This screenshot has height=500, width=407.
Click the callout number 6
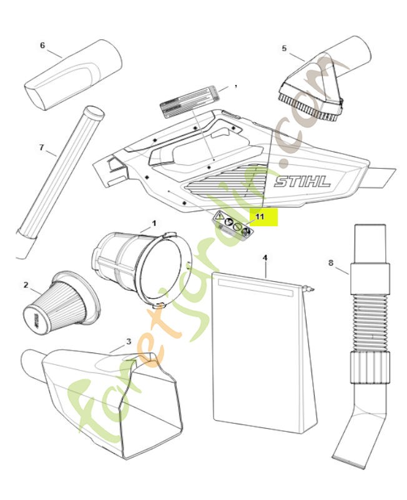coord(42,45)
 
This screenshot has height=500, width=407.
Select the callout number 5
coord(284,48)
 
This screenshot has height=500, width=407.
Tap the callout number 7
coord(42,147)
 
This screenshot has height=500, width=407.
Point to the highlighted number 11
coord(260,216)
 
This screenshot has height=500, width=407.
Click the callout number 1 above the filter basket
coord(154,222)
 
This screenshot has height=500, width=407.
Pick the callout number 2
coord(26,285)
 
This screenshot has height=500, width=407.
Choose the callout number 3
coord(129,341)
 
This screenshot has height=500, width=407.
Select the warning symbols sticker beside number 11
coord(232,224)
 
